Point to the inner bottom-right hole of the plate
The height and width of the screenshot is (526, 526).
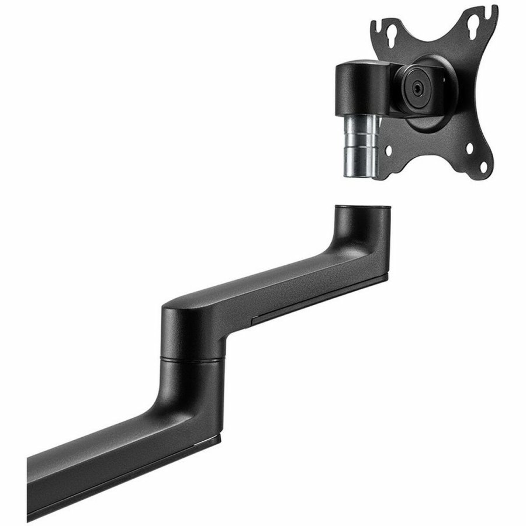(466, 147)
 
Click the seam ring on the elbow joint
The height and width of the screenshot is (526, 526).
(191, 358)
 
